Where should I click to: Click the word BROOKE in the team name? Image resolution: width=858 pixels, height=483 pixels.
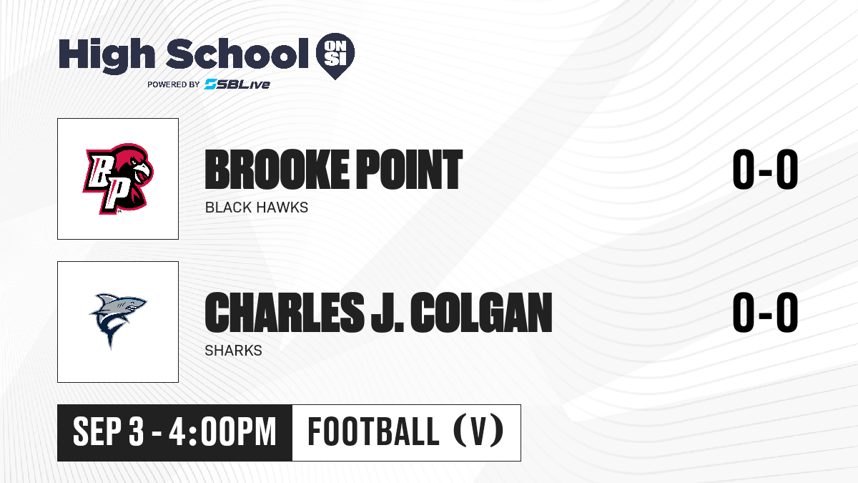[277, 170]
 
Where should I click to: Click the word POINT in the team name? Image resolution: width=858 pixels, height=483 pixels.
[410, 170]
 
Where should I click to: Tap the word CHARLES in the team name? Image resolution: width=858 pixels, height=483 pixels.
[285, 313]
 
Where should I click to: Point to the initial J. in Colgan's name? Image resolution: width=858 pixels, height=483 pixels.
[388, 313]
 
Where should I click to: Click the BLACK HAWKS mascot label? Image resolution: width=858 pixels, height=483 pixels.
[257, 208]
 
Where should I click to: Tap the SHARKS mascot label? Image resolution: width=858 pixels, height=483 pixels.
[234, 351]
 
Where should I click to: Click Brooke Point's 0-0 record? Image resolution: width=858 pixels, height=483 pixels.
[765, 170]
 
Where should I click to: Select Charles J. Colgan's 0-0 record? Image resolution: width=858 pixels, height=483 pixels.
[765, 313]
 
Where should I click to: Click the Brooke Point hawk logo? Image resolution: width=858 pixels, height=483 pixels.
[118, 179]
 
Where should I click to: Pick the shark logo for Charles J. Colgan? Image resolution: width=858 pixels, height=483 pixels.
[118, 321]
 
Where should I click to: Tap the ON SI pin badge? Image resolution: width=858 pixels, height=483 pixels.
[335, 56]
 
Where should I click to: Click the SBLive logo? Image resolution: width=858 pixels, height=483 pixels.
[237, 84]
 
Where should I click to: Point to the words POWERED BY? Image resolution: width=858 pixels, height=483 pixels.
[174, 84]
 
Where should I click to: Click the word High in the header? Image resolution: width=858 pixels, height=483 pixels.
[107, 55]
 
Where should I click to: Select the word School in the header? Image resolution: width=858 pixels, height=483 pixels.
[237, 54]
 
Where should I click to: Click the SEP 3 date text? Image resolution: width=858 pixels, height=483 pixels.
[109, 432]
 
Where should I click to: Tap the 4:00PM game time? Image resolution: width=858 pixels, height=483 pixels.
[223, 432]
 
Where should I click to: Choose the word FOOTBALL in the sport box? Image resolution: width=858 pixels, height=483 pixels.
[373, 431]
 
